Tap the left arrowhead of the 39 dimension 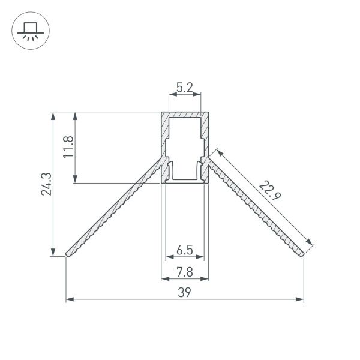point(68,298)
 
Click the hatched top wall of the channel point(185,115)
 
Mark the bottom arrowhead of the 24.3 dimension point(54,253)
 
